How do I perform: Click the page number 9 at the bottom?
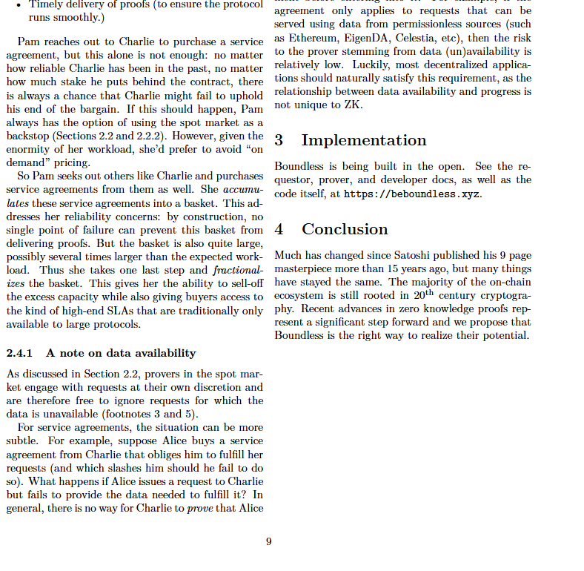tap(268, 542)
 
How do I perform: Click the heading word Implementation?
tap(364, 140)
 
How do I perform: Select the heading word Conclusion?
tap(345, 229)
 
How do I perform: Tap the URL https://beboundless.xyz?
tap(413, 194)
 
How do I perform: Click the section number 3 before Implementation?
tap(279, 140)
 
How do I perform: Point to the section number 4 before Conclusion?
tap(279, 229)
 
